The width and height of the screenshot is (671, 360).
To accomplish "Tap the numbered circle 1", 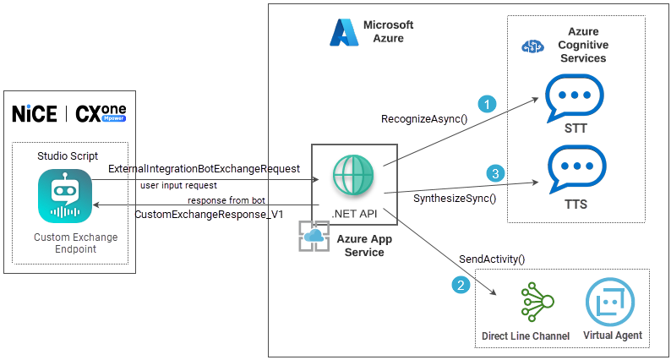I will tap(486, 104).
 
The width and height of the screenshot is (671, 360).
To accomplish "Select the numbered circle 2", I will tap(461, 285).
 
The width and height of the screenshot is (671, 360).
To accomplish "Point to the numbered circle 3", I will tap(496, 173).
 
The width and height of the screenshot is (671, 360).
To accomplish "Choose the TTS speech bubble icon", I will tap(575, 170).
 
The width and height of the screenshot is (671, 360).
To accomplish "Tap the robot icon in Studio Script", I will tap(65, 197).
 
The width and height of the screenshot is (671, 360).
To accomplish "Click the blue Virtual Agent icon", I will tap(612, 303).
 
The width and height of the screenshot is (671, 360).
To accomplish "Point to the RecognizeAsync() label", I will tap(424, 118).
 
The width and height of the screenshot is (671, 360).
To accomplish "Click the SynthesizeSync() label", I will tap(454, 199).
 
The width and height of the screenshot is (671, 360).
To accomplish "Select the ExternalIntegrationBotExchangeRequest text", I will tap(204, 169).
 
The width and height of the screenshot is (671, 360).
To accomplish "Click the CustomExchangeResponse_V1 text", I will tap(209, 214).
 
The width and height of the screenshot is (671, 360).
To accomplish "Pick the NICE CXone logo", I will tap(74, 113).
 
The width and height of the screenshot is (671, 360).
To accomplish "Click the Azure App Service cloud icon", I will tap(314, 237).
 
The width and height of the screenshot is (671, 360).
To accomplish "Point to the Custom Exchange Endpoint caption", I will tap(75, 243).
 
